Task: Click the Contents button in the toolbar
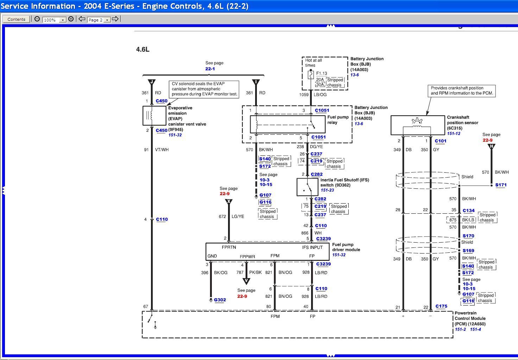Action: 16,19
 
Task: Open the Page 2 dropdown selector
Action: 99,20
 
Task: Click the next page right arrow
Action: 115,19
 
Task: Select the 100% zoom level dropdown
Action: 54,20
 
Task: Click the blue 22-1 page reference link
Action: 210,69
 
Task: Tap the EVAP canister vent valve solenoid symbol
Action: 151,116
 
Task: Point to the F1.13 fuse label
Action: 321,73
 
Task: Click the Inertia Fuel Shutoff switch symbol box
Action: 307,187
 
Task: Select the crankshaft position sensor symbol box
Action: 417,125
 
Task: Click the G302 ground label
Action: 220,300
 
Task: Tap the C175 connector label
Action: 441,306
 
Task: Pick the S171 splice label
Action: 501,185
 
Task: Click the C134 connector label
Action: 468,211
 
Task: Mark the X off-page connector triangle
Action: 229,202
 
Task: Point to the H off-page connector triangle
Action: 491,146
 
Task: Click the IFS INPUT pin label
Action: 312,247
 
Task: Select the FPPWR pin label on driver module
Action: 247,257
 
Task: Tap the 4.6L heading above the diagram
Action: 143,50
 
